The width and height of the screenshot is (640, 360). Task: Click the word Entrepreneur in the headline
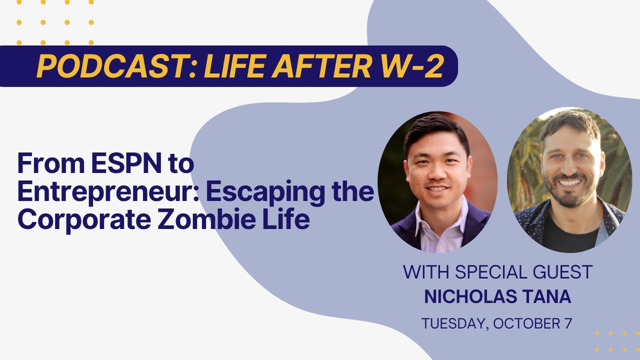coord(108,191)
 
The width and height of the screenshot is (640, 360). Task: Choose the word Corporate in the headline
coord(84,220)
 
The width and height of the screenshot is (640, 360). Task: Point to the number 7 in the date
coord(567,323)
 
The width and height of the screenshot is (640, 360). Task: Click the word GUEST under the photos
coord(562,271)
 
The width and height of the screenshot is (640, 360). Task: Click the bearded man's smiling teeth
coord(570,182)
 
